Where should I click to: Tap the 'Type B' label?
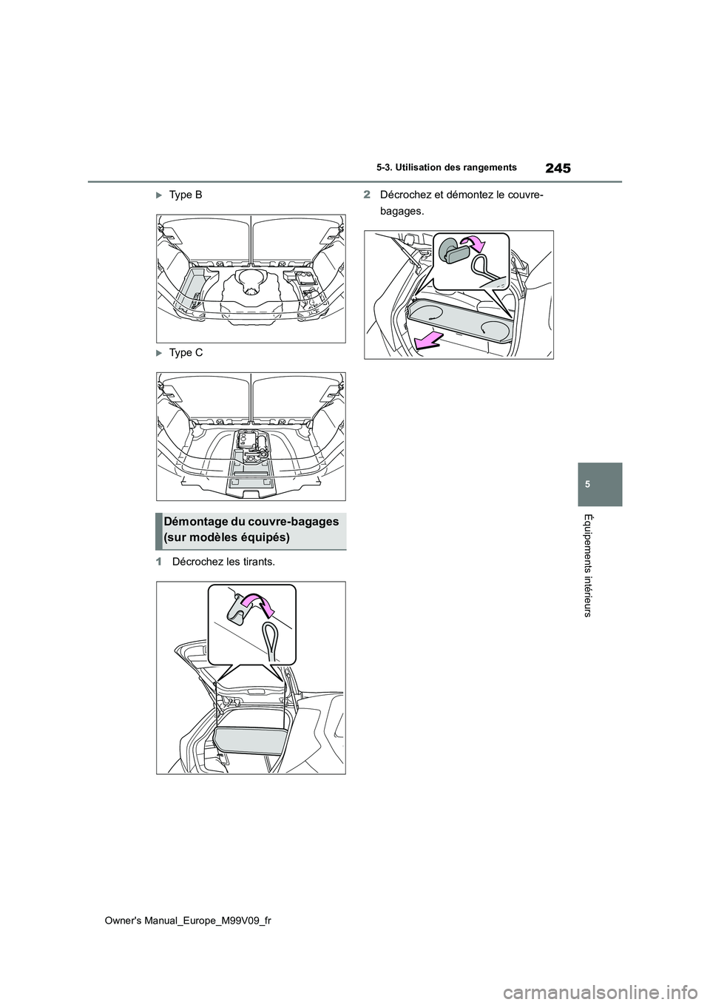pos(185,195)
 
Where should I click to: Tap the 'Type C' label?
pos(185,353)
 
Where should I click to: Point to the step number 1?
pos(158,562)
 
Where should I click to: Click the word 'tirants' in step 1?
pos(255,562)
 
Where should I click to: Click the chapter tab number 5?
pos(601,483)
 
